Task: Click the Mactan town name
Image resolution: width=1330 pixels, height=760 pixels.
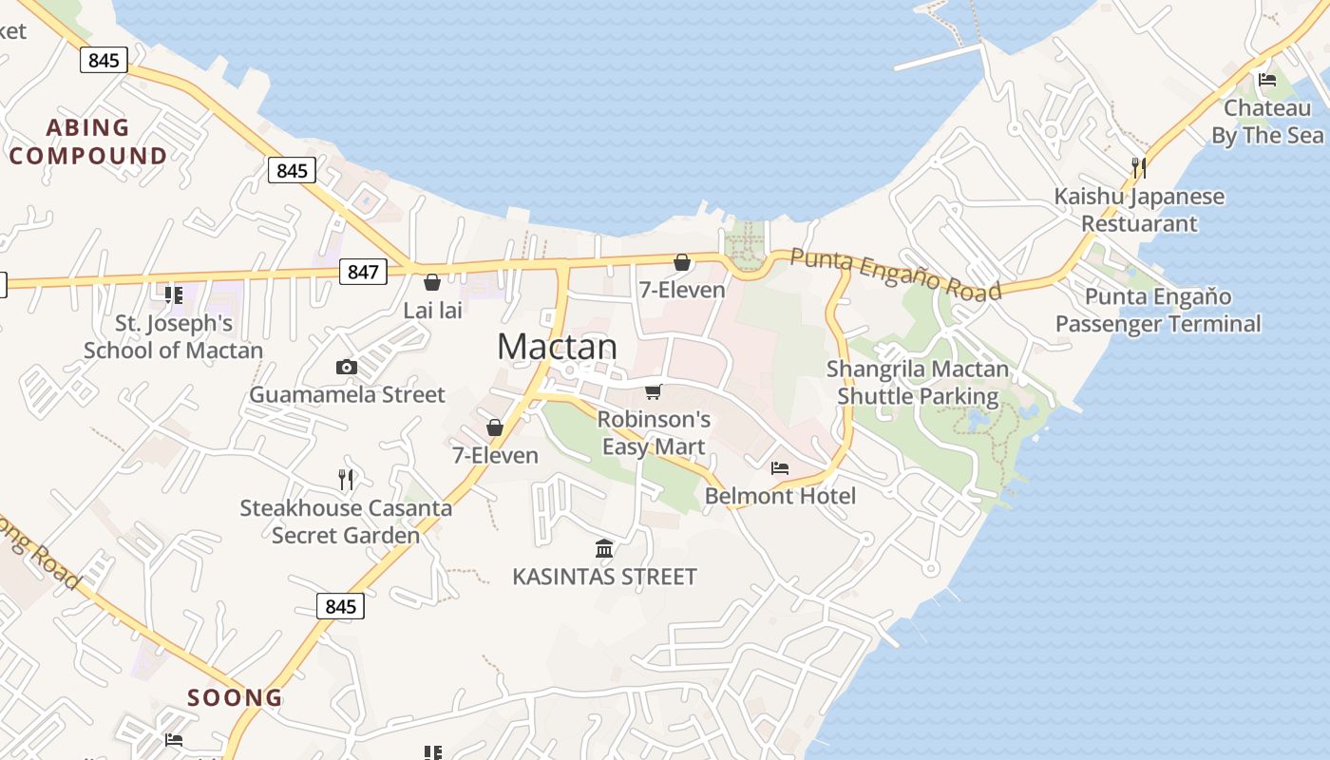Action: [x=557, y=347]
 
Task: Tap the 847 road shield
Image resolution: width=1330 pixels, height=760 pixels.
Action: [x=363, y=273]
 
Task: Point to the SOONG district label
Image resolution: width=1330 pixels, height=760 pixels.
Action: [x=235, y=698]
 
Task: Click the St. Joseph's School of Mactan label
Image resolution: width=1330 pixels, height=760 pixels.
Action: [x=173, y=337]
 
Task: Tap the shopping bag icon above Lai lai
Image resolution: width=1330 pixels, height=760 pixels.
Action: [x=432, y=282]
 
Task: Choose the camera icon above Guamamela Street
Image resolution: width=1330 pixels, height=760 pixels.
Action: [x=347, y=367]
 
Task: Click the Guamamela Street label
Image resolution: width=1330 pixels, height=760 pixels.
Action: [x=347, y=394]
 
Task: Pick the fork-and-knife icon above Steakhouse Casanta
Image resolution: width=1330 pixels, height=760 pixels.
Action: [x=346, y=480]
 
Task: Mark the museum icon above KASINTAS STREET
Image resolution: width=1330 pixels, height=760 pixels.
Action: [x=604, y=548]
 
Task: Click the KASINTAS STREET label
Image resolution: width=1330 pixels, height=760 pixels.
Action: [x=604, y=577]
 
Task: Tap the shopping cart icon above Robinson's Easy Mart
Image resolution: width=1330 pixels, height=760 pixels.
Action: [x=654, y=391]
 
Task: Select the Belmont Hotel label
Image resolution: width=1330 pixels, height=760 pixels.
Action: [x=780, y=496]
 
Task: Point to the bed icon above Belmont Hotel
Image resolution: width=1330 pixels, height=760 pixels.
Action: [x=780, y=467]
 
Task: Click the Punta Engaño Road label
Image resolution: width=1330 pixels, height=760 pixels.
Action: [x=896, y=273]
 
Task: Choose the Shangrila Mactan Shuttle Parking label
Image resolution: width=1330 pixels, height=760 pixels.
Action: [x=918, y=383]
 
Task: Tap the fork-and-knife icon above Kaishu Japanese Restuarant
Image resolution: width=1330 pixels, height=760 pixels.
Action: [x=1139, y=168]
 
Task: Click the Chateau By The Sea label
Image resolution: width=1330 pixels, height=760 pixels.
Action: [x=1267, y=122]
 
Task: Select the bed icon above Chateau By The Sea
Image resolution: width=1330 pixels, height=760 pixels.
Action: [x=1267, y=80]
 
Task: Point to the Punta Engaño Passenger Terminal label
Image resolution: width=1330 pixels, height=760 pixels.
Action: [x=1158, y=311]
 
